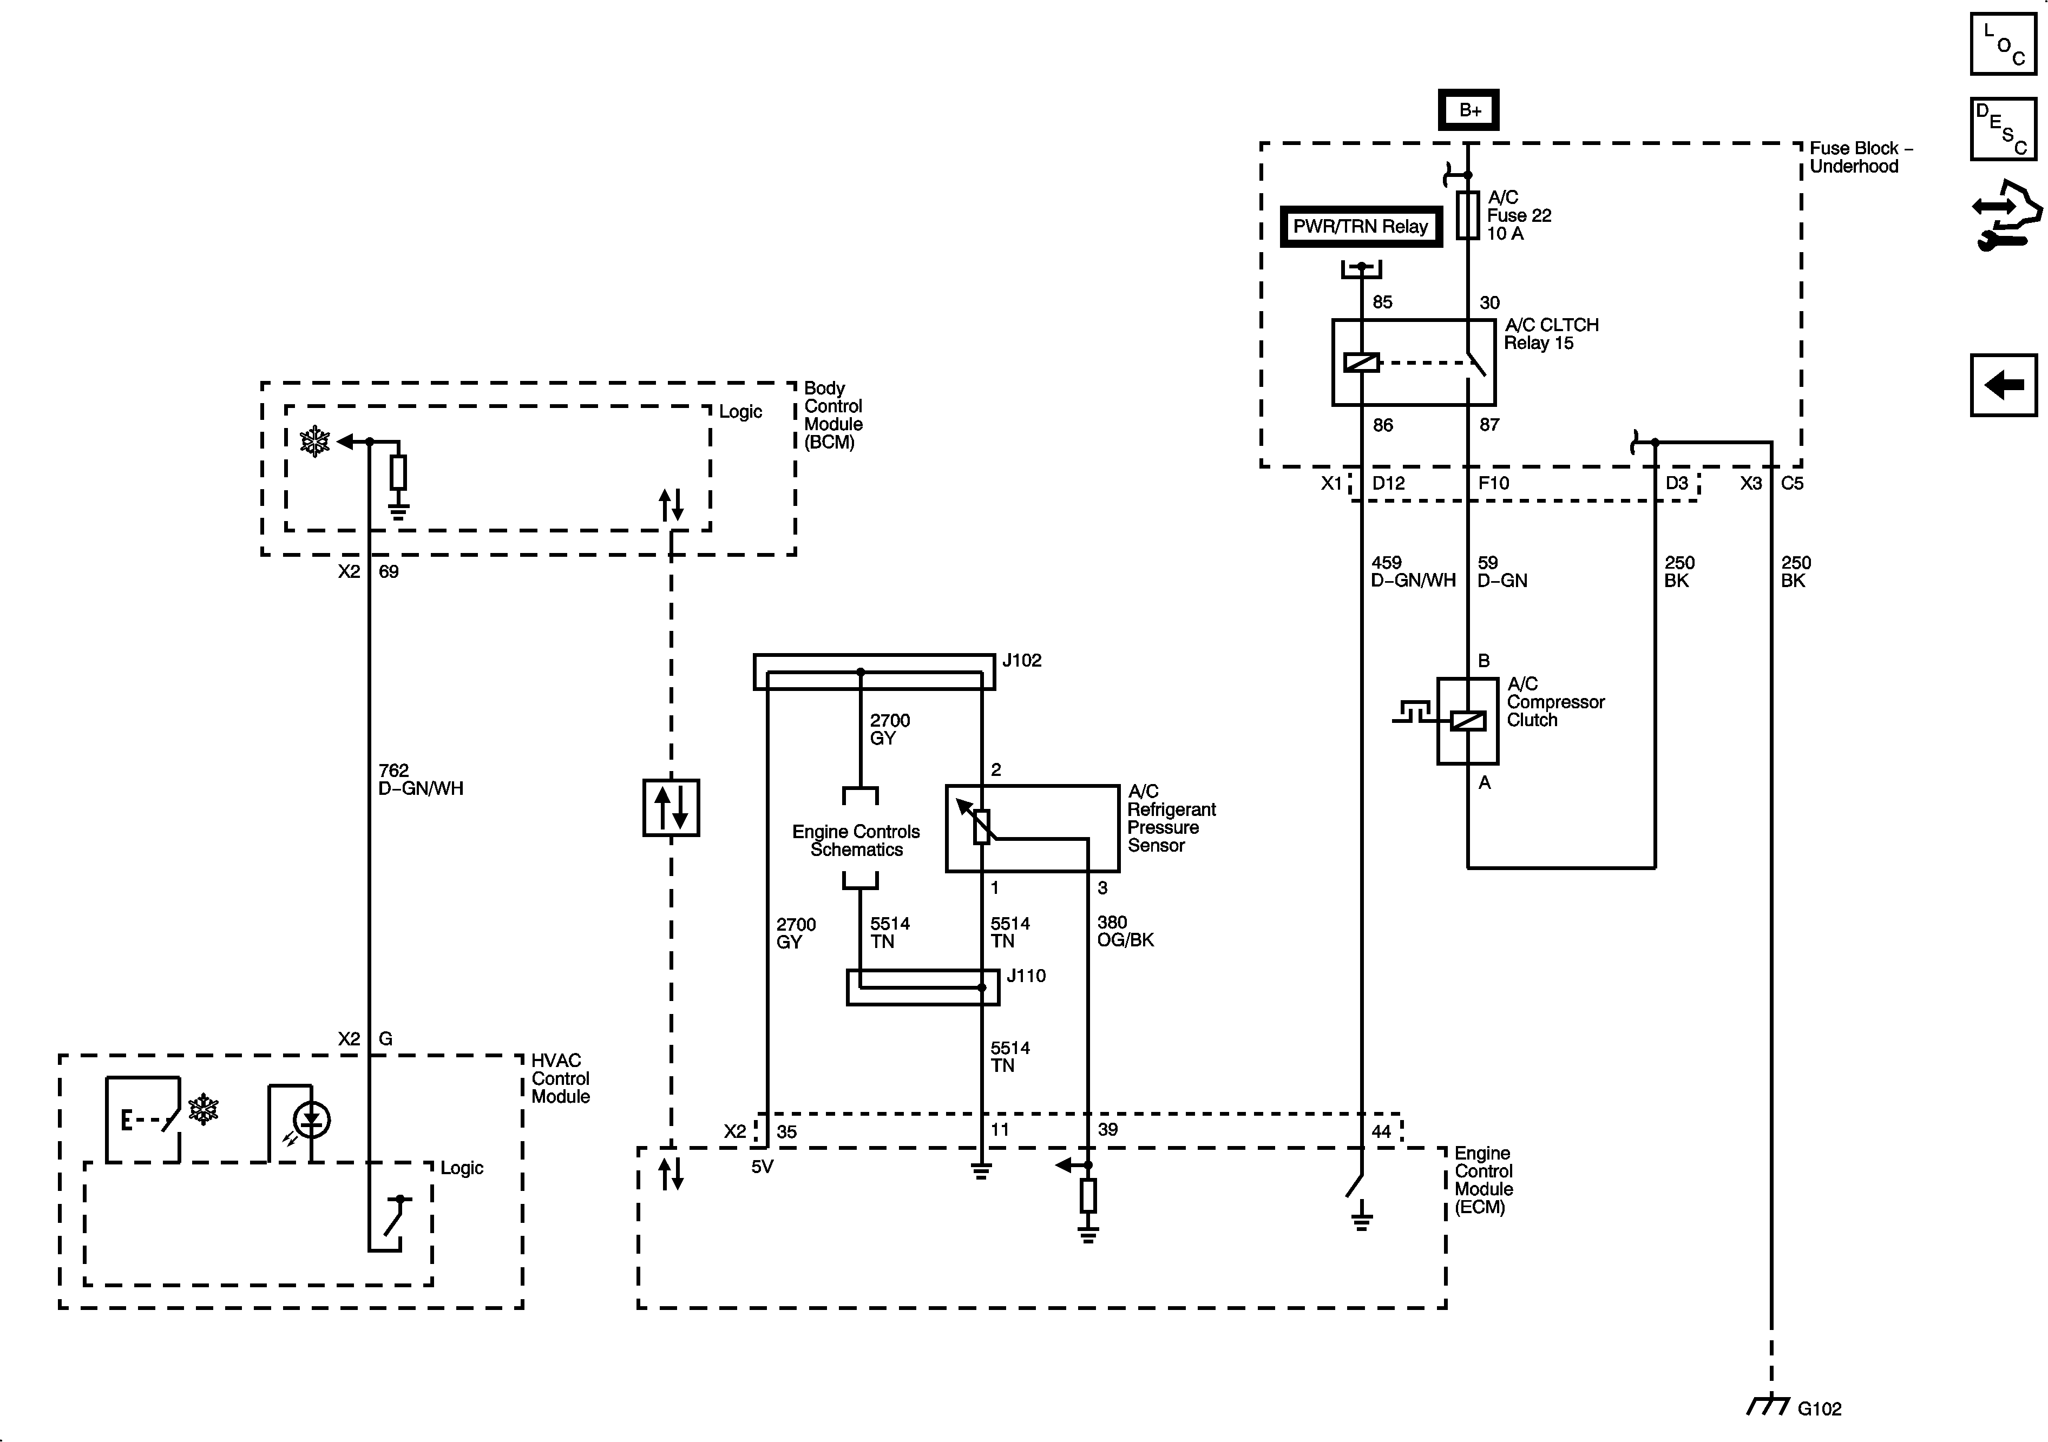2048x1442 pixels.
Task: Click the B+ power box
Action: pyautogui.click(x=1469, y=110)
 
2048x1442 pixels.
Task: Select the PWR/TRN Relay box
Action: pyautogui.click(x=1360, y=227)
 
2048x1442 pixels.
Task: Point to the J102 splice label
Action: pyautogui.click(x=1021, y=661)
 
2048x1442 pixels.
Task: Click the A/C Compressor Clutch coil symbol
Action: pyautogui.click(x=1467, y=720)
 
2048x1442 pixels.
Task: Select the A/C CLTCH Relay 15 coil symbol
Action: pyautogui.click(x=1361, y=362)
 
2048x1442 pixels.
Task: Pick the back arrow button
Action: pyautogui.click(x=2004, y=385)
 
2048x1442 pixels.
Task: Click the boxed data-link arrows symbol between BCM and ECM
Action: pyautogui.click(x=671, y=808)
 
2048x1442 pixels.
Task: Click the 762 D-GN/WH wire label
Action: pyautogui.click(x=420, y=779)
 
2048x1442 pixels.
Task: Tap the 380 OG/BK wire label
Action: pyautogui.click(x=1125, y=931)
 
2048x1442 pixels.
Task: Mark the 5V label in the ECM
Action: pyautogui.click(x=762, y=1167)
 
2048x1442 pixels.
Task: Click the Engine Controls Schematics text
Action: pyautogui.click(x=856, y=840)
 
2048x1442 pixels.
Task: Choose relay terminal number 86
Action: pyautogui.click(x=1383, y=425)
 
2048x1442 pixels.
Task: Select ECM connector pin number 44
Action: pyautogui.click(x=1381, y=1131)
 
